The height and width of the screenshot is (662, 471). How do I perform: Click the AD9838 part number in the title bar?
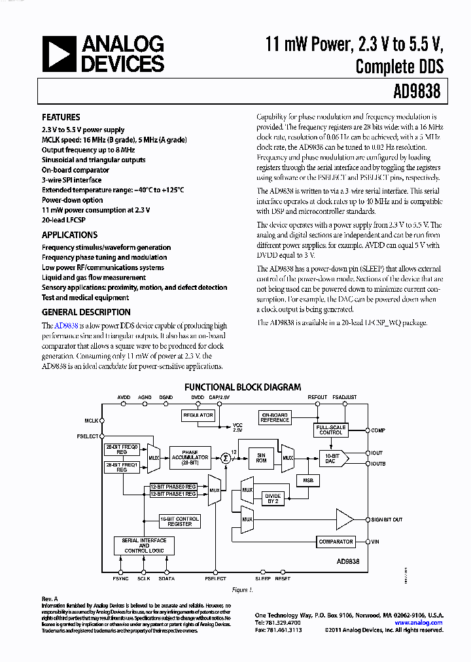[415, 92]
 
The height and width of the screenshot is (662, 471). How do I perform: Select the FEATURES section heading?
[61, 118]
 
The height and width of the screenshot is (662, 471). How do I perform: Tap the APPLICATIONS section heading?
[69, 235]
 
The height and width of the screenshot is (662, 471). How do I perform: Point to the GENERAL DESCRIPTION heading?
[86, 312]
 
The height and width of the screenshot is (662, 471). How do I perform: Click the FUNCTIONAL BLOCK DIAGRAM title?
[243, 387]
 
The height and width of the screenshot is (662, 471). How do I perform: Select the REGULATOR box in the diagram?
[198, 415]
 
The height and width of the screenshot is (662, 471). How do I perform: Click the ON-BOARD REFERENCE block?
[275, 417]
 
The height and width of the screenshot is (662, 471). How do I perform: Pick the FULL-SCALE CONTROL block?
[330, 430]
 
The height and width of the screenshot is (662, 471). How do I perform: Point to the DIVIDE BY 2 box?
[272, 499]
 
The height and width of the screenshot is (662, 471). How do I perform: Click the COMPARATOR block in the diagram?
[336, 542]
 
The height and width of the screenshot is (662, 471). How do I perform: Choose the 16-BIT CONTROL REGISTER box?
[180, 521]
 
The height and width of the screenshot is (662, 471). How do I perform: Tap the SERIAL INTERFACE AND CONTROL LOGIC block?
[144, 546]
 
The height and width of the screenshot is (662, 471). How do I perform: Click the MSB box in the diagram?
[307, 480]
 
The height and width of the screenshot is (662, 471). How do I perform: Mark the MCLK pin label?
[91, 421]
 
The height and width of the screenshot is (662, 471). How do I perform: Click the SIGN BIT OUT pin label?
[387, 519]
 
